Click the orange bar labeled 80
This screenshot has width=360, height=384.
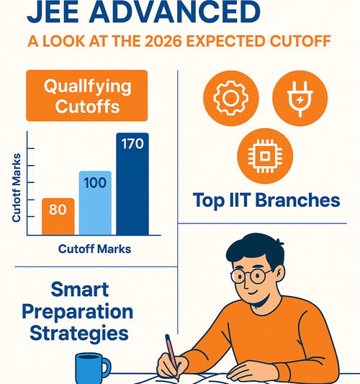pos(58,215)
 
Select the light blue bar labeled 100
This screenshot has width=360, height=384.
pos(94,202)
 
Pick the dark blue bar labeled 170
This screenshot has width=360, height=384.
pos(132,184)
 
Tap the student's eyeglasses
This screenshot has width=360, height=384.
pos(252,275)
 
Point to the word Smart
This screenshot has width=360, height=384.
pos(80,290)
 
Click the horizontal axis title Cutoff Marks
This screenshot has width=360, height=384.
pos(94,250)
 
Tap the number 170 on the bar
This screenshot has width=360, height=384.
pos(132,144)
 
